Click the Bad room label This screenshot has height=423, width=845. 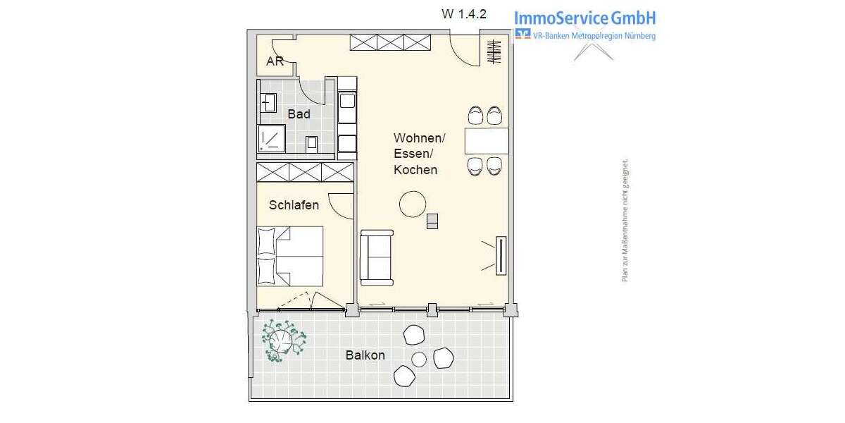pos(299,114)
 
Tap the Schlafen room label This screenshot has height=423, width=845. pos(294,205)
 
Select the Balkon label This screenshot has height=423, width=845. pos(365,355)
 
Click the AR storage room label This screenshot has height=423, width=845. pos(275,61)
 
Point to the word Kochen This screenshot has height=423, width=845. pos(415,170)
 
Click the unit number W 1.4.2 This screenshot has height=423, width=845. pos(463,13)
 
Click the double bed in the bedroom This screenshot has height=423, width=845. pos(290,255)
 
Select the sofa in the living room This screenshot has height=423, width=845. pos(377,257)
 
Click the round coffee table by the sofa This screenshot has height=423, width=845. pos(413,204)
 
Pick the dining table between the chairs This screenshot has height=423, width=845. pos(486,140)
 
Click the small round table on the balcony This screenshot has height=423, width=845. pos(419,359)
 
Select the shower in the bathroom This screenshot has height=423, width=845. pos(271,139)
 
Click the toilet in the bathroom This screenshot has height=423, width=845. pos(312,142)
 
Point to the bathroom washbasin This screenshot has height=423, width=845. pos(268,103)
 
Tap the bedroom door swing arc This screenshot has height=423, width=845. pos(341,206)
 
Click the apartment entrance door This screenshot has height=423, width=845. pos(465,49)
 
